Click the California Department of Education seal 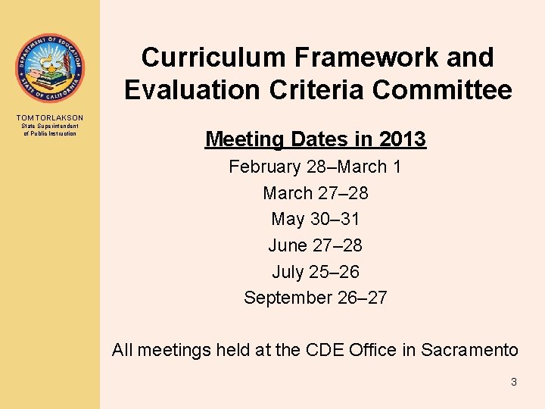(x=49, y=69)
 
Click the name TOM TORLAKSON (x=49, y=117)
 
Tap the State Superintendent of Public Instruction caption (x=49, y=130)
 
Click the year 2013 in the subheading (x=401, y=139)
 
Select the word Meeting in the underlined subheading (x=242, y=139)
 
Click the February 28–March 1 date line (x=315, y=167)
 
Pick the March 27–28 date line (x=315, y=193)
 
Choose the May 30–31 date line (x=315, y=219)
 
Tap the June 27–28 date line (x=315, y=245)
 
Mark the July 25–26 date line (x=315, y=271)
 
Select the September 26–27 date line (x=315, y=298)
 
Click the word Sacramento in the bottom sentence (x=469, y=350)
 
